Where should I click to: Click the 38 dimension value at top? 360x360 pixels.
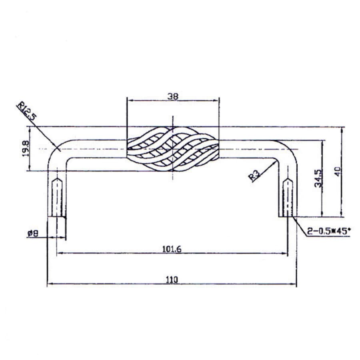pos(173,96)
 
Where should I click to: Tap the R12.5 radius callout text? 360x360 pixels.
pos(27,111)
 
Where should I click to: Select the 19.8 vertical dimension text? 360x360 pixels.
pos(26,148)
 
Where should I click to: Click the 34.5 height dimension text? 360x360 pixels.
pos(318,178)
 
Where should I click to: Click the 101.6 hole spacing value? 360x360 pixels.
pos(172,249)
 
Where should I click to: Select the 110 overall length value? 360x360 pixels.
pos(172,280)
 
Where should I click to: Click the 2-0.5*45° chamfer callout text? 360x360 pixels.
pos(328,231)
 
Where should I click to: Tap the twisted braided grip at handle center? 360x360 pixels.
pos(173,149)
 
